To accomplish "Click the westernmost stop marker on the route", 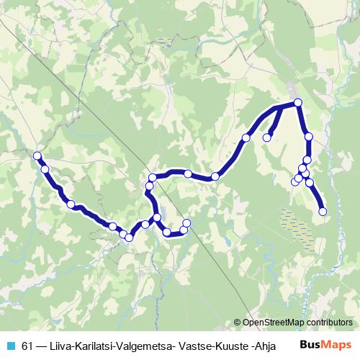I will click(x=37, y=156).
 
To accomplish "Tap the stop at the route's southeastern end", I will click(x=323, y=211).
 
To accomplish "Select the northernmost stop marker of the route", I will click(x=297, y=102).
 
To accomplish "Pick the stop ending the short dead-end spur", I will click(x=266, y=138).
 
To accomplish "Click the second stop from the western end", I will click(x=45, y=169).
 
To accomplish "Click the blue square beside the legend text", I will click(x=10, y=344).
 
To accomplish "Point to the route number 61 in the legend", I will click(x=28, y=344).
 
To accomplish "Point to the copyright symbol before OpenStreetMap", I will click(x=238, y=323).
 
